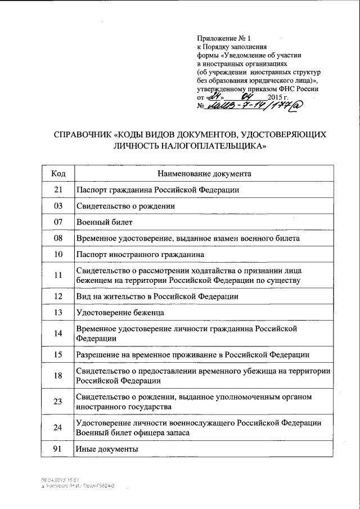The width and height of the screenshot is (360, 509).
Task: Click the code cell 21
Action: (x=57, y=190)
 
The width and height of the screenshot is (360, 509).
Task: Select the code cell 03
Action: (x=57, y=206)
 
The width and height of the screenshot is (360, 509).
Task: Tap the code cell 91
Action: (x=57, y=449)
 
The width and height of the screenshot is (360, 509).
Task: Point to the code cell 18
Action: (x=57, y=376)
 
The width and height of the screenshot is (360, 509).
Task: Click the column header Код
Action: (x=57, y=173)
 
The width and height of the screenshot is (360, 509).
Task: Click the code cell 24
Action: (x=57, y=427)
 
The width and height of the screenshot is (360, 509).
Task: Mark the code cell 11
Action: (x=57, y=276)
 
